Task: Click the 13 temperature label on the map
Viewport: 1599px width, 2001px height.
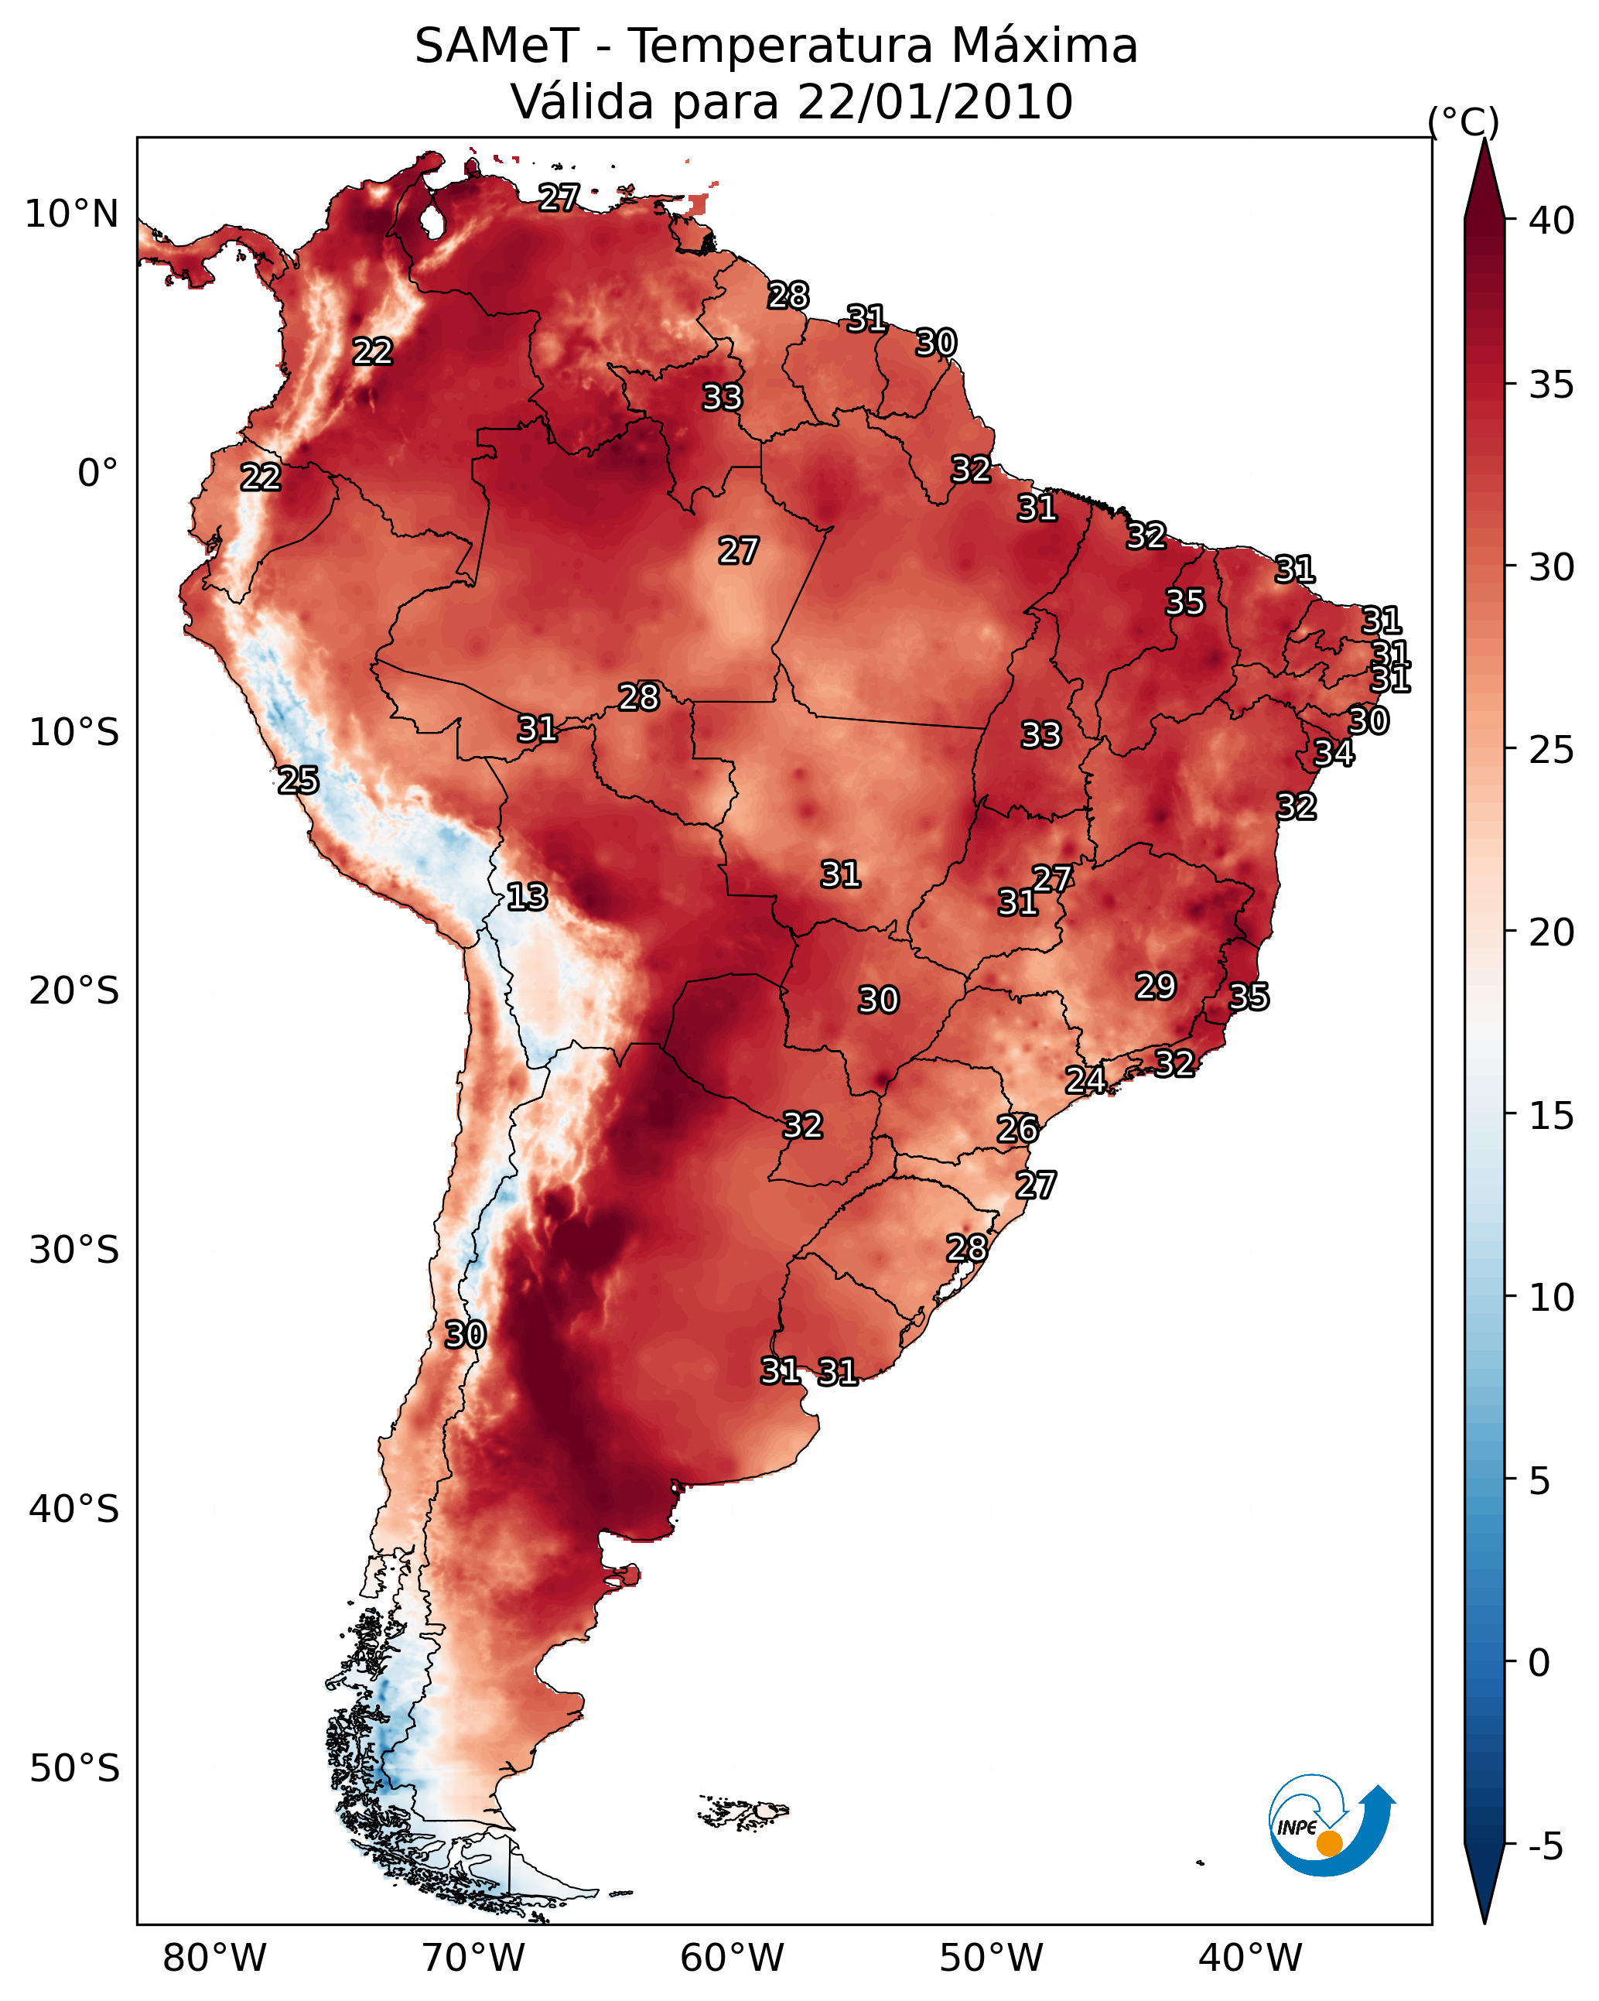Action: coord(527,897)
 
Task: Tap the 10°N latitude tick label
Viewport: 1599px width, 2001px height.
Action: coord(71,214)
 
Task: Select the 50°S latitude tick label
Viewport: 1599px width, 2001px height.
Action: coord(73,1769)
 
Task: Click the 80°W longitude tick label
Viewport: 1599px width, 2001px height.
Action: coord(214,1958)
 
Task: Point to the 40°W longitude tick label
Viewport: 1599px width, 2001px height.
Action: coord(1250,1958)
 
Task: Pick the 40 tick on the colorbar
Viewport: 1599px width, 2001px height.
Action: coord(1551,221)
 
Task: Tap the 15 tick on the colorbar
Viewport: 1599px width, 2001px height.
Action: coord(1551,1117)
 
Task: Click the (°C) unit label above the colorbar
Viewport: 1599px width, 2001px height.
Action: coord(1464,121)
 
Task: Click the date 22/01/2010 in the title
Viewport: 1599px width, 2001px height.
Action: coord(934,102)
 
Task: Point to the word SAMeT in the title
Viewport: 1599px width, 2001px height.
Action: coord(497,46)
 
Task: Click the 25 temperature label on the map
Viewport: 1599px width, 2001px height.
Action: coord(299,781)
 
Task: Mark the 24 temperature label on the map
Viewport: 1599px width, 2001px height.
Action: coord(1085,1079)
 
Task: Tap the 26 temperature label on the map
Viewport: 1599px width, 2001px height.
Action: coord(1017,1129)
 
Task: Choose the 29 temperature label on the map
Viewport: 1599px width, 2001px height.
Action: coord(1156,986)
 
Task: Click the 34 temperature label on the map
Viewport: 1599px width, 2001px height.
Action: coord(1334,753)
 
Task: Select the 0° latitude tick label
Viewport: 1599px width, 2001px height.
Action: coord(97,474)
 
